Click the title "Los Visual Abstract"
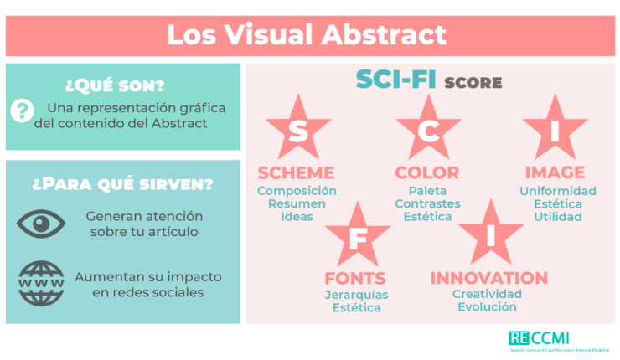tap(307, 35)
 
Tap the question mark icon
tap(22, 111)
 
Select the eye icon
tap(41, 224)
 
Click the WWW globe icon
tap(41, 283)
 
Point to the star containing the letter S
tap(298, 127)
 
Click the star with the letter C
tap(429, 127)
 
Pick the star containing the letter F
tap(358, 234)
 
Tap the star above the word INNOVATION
tap(491, 233)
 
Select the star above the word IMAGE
tap(555, 127)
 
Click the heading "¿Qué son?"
tap(115, 85)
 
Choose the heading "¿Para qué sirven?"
tap(123, 183)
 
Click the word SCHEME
tap(296, 172)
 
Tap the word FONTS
tap(355, 278)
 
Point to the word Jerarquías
tap(357, 295)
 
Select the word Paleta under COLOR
tap(427, 191)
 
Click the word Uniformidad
tap(558, 191)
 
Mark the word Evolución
tap(487, 306)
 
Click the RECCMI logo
tap(559, 342)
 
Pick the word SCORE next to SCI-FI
tap(473, 83)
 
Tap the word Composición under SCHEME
tap(297, 191)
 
